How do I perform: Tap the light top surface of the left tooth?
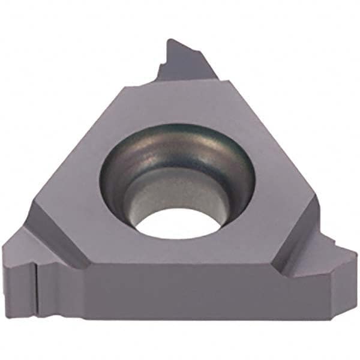point(24,252)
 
